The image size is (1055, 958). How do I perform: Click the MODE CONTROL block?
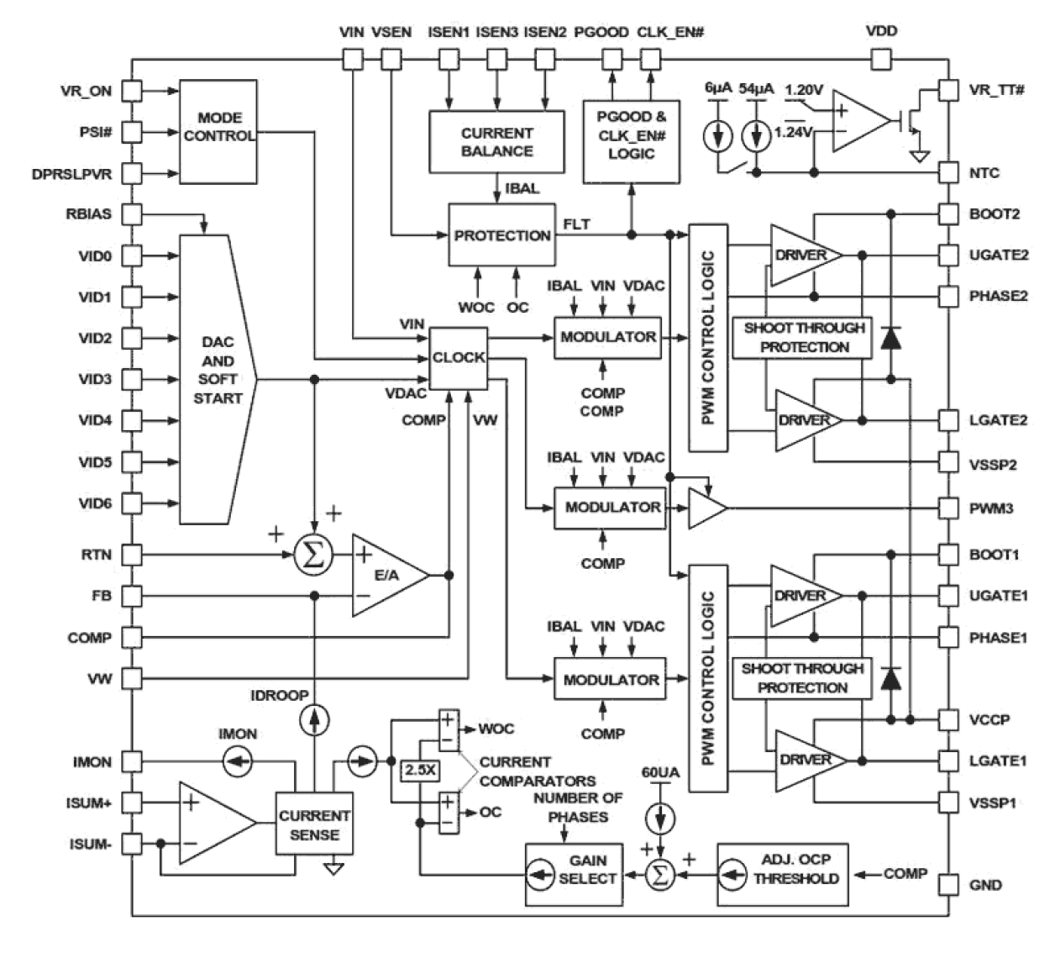click(218, 132)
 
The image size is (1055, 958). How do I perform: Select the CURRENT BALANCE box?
click(496, 142)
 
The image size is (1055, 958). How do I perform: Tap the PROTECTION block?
click(501, 235)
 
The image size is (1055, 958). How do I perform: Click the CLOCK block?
click(459, 358)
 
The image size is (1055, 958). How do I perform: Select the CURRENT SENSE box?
click(314, 825)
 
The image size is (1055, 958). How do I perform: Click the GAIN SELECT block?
click(575, 875)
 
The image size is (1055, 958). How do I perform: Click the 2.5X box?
click(420, 770)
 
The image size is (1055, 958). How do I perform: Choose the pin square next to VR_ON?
click(132, 91)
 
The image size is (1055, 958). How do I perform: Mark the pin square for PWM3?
click(947, 508)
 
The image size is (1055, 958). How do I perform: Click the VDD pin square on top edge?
click(880, 59)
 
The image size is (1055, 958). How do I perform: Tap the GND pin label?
click(985, 885)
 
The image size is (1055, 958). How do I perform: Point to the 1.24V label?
click(793, 132)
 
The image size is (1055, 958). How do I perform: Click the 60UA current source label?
click(661, 772)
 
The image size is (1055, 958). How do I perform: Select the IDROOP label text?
click(280, 696)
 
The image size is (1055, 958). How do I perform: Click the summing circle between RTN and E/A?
click(314, 555)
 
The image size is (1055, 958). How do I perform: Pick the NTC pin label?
click(984, 173)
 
